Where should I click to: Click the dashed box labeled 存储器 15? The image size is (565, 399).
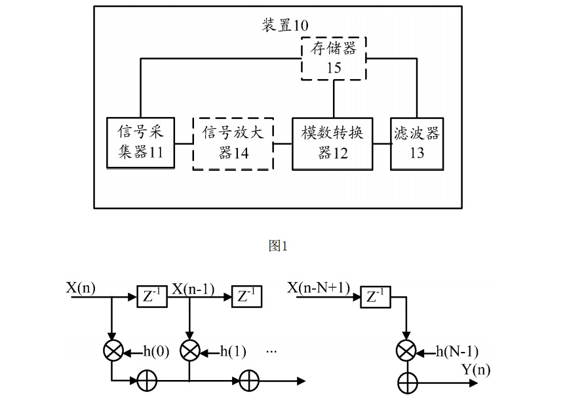click(333, 59)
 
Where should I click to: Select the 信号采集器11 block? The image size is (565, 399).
click(140, 144)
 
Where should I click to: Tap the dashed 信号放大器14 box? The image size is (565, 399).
click(233, 144)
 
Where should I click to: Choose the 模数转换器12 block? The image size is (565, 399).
click(332, 144)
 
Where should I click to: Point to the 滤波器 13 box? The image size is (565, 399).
click(416, 144)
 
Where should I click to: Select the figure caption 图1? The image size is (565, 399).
click(279, 245)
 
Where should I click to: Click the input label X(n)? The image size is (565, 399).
click(81, 286)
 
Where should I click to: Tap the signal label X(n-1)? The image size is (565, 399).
click(193, 288)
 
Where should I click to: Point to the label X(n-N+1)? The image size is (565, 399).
click(319, 288)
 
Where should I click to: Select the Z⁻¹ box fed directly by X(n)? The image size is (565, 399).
click(151, 296)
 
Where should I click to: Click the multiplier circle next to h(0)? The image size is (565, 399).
click(113, 351)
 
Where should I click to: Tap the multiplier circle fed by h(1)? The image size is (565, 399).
click(190, 351)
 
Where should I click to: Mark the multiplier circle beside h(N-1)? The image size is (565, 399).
click(406, 351)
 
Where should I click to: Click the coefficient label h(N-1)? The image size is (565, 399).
click(456, 352)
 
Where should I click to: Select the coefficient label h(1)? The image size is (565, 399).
click(233, 352)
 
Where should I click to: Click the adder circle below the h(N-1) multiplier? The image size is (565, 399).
click(406, 380)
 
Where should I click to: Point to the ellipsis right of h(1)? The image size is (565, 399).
click(273, 352)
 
